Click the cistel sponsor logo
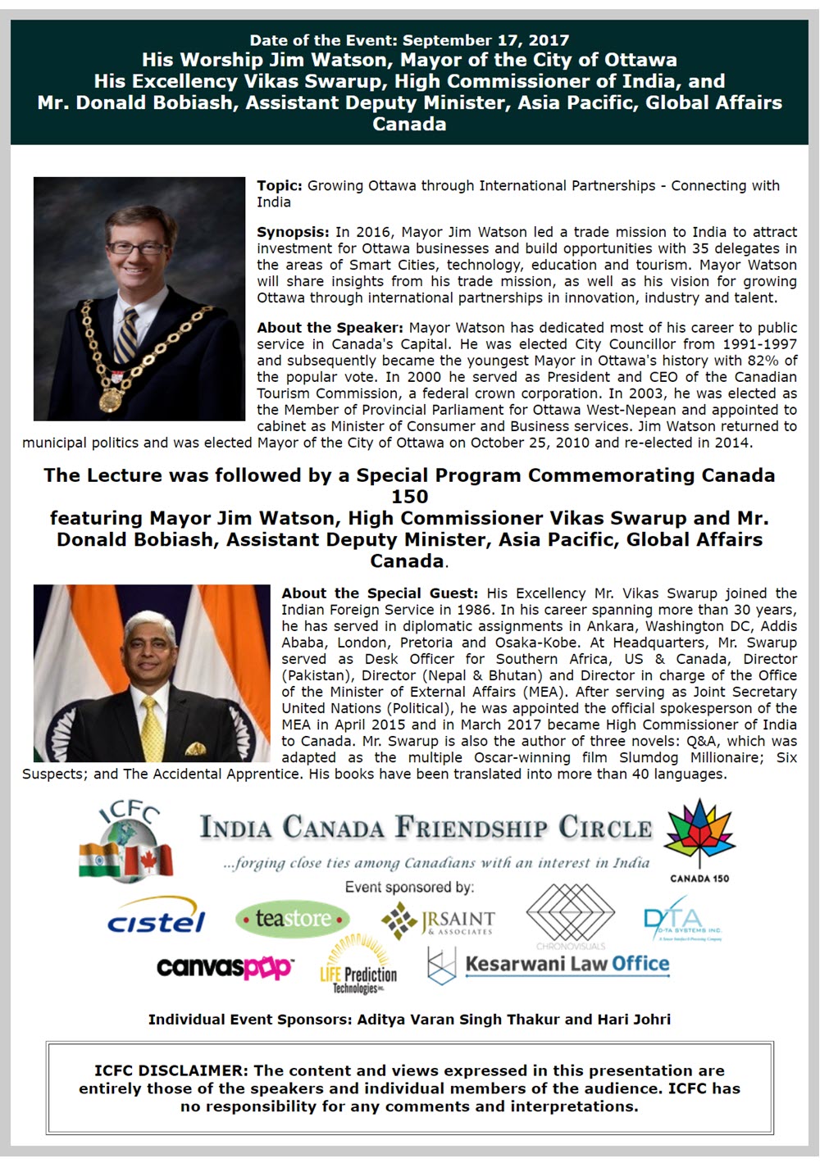pyautogui.click(x=156, y=921)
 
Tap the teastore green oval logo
pyautogui.click(x=293, y=920)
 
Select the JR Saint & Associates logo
pyautogui.click(x=439, y=921)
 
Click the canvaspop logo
pyautogui.click(x=225, y=968)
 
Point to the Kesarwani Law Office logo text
pyautogui.click(x=567, y=964)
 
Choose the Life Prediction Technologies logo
pyautogui.click(x=358, y=966)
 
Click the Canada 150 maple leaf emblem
pyautogui.click(x=699, y=836)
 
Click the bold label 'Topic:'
pyautogui.click(x=280, y=186)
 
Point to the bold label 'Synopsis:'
pyautogui.click(x=293, y=232)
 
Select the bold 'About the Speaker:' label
pyautogui.click(x=330, y=328)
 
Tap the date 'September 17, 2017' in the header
pyautogui.click(x=485, y=40)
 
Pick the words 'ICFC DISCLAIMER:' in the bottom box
pyautogui.click(x=171, y=1070)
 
